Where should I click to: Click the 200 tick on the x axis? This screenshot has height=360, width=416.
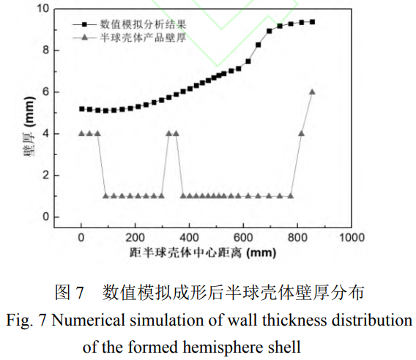point(135,238)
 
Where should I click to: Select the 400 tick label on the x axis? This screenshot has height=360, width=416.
point(189,238)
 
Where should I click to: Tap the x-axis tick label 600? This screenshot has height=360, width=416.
point(243,238)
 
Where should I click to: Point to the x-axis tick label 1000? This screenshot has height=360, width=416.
point(352,238)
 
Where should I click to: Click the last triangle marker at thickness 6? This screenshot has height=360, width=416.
point(312,91)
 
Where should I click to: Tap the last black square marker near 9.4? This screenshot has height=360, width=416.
point(312,22)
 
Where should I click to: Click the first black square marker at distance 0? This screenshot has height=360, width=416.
point(81,109)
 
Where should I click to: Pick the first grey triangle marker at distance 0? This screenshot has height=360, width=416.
point(81,133)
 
